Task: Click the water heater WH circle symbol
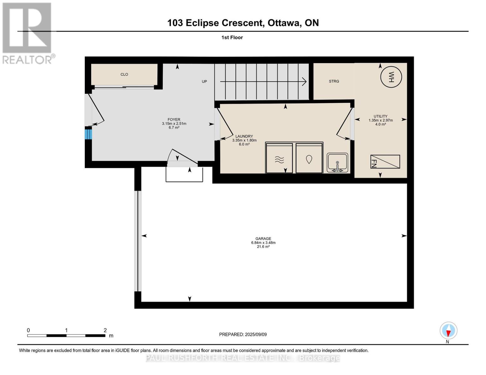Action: click(x=391, y=77)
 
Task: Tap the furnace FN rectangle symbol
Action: click(x=385, y=162)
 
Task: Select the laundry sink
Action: click(x=337, y=162)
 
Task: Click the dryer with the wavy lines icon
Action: click(x=279, y=158)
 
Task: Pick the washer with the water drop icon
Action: click(x=309, y=158)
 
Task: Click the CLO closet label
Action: click(x=124, y=74)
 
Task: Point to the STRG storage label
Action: click(x=334, y=81)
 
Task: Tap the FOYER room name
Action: click(x=174, y=119)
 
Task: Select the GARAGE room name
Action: click(x=263, y=238)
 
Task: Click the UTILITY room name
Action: click(x=381, y=116)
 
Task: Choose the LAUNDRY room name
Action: click(x=244, y=136)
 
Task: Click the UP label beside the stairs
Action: click(x=204, y=82)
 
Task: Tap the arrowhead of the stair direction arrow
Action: click(x=304, y=82)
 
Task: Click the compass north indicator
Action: click(x=448, y=331)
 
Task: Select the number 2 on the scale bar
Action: click(x=105, y=330)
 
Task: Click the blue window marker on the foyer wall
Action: click(x=88, y=134)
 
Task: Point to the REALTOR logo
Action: click(x=28, y=33)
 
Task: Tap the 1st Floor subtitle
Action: click(x=232, y=37)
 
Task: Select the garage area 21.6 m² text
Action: click(x=263, y=247)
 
